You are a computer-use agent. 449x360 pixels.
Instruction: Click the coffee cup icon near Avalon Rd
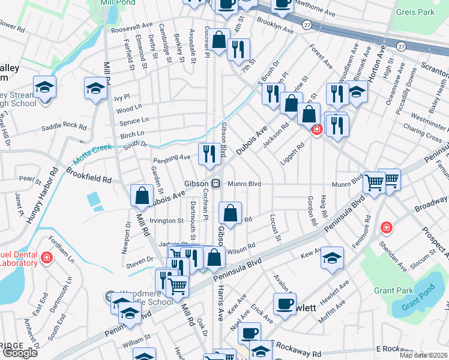point(285,303)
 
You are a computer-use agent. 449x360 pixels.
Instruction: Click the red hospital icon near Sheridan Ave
point(385,228)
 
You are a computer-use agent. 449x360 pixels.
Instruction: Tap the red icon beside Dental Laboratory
point(47,258)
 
